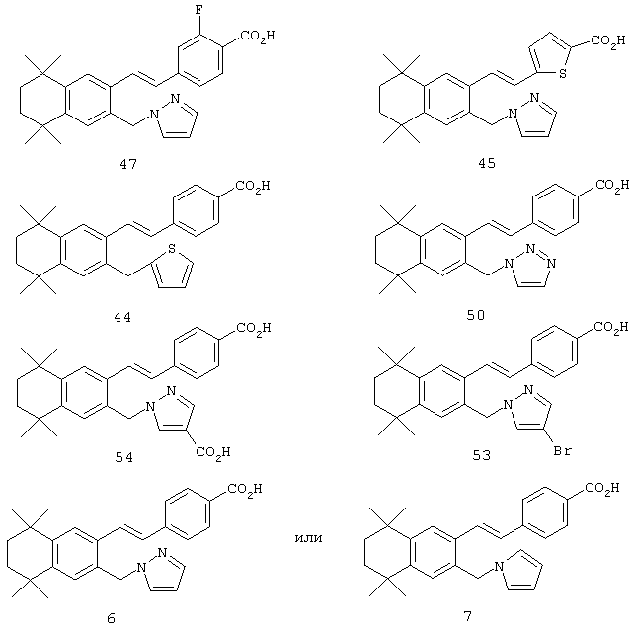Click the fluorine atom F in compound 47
tap(198, 9)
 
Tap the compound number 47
tap(128, 164)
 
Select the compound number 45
tap(487, 163)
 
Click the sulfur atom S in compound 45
tap(563, 73)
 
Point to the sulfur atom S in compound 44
tap(172, 248)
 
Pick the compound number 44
tap(122, 318)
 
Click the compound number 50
tap(476, 315)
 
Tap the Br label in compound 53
tap(562, 450)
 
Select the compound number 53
tap(482, 455)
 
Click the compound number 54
tap(124, 457)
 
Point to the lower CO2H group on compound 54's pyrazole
tap(212, 451)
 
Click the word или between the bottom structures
tap(309, 538)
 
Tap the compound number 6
tap(111, 618)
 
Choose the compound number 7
tap(467, 616)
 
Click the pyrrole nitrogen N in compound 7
tap(499, 566)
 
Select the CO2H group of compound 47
tap(258, 36)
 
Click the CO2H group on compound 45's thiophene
tap(608, 40)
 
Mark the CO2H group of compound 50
tap(612, 186)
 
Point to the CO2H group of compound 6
tap(245, 490)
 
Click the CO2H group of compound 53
tap(611, 327)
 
